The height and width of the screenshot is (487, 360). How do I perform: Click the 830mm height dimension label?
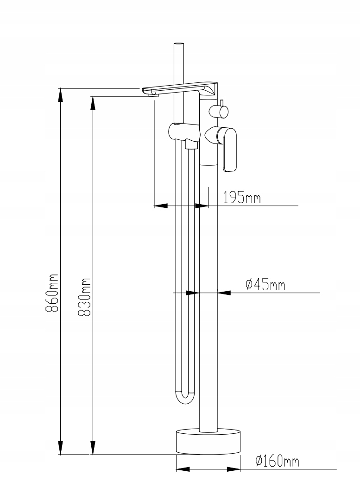(84, 297)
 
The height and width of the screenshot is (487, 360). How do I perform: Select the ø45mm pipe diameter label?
(265, 284)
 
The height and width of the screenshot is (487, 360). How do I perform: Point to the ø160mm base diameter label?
(277, 462)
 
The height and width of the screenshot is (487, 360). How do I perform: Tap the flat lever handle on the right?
(230, 150)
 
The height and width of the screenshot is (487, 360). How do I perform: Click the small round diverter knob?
(218, 111)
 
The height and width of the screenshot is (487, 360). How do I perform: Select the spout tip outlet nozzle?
(153, 94)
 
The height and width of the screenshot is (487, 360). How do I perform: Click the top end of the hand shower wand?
(178, 46)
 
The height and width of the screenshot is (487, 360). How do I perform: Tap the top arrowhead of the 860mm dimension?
(60, 95)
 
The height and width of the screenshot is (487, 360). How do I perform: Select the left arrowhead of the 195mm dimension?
(160, 206)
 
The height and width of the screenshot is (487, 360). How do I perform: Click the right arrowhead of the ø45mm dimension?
(224, 293)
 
